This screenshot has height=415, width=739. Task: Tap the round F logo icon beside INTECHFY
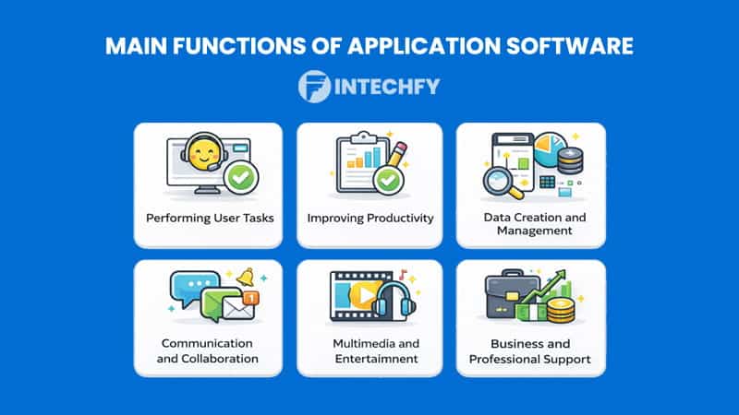[x=315, y=88]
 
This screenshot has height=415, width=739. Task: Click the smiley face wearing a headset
[x=202, y=152]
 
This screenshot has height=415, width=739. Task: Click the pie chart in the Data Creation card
[x=551, y=148]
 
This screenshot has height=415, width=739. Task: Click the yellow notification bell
[x=244, y=278]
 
